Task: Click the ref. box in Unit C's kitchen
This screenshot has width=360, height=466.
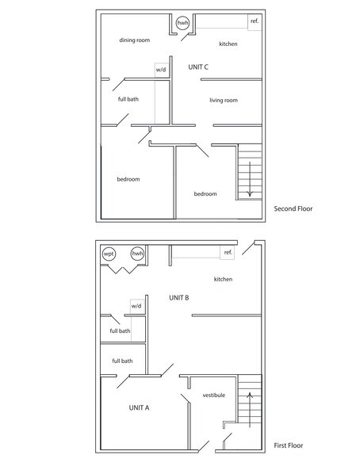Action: [x=255, y=21]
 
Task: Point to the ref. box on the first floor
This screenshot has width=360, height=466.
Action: [x=227, y=253]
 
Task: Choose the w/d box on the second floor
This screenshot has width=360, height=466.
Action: [x=162, y=70]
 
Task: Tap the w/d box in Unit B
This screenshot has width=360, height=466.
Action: [x=136, y=306]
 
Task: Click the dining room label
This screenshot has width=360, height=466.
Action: [x=134, y=40]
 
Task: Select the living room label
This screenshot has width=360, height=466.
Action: [x=224, y=100]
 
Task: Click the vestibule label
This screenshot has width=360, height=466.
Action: [x=214, y=395]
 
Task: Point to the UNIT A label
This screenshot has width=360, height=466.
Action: [x=139, y=407]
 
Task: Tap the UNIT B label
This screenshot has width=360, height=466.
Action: [x=178, y=298]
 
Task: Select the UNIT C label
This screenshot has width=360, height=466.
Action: [x=198, y=67]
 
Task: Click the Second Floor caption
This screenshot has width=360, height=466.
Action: [x=293, y=208]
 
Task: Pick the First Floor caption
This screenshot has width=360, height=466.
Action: [x=289, y=445]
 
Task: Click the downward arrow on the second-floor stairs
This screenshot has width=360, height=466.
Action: [x=250, y=179]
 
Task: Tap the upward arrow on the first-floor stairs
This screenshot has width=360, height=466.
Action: [x=250, y=410]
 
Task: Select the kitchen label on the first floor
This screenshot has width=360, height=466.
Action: [x=223, y=279]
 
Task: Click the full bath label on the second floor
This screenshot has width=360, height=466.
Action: [x=128, y=99]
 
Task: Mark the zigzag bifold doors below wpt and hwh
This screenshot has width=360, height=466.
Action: [x=123, y=269]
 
